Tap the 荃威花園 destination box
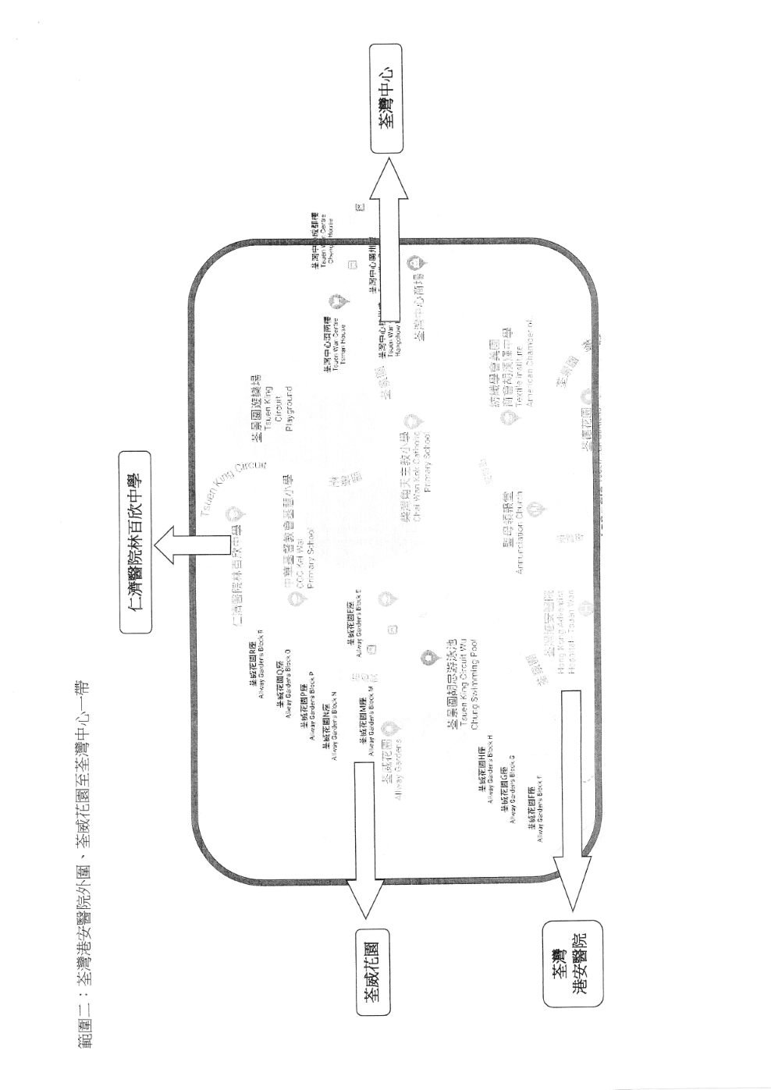click(x=372, y=971)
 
